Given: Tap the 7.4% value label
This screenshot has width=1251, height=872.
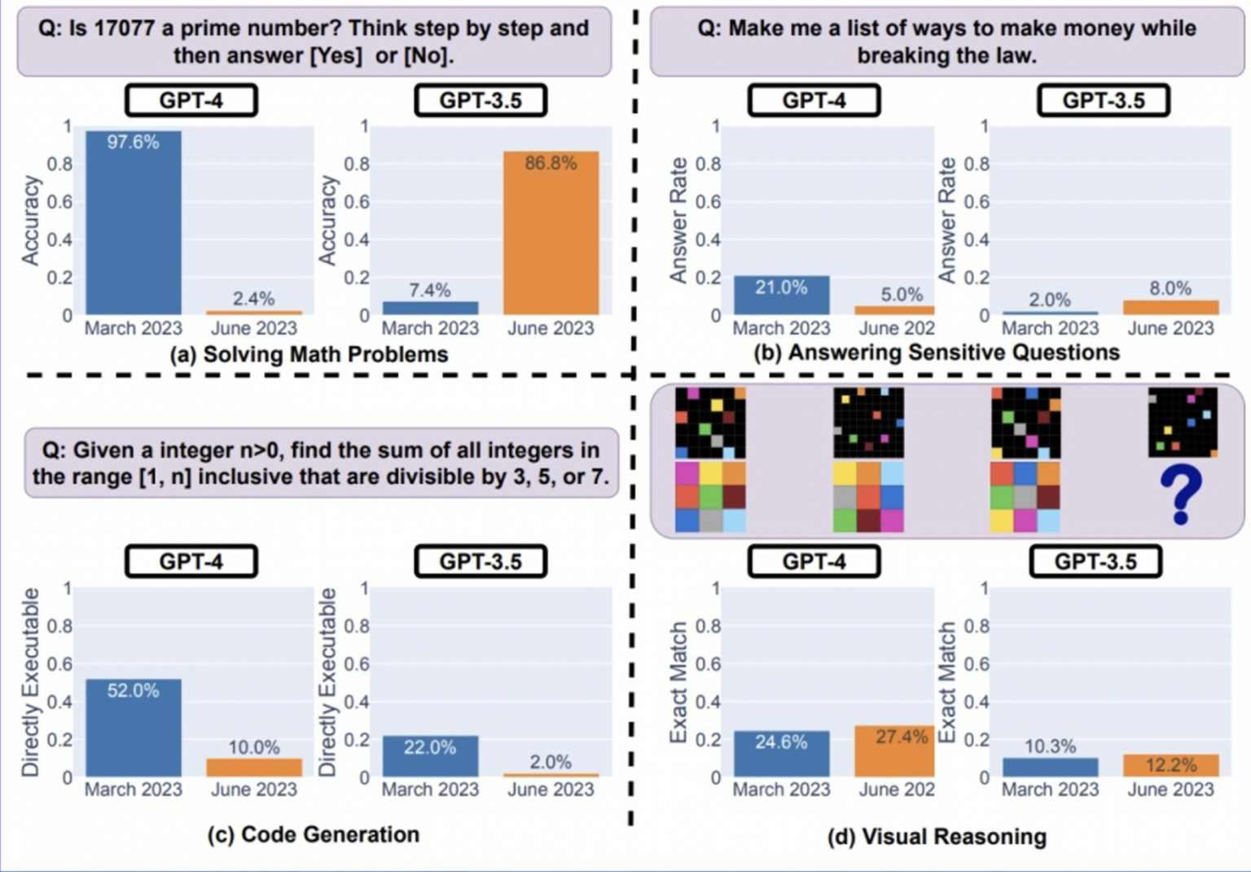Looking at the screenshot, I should click(430, 290).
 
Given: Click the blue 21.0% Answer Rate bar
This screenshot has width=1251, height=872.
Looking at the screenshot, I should click(781, 295).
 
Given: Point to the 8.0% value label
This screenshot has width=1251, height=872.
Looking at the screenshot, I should click(1170, 288).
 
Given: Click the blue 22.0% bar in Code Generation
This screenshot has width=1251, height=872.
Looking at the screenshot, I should click(430, 756).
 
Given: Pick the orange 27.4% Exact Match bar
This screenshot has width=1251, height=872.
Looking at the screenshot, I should click(894, 751).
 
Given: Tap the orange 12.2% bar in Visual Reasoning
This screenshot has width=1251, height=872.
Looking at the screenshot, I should click(1170, 765).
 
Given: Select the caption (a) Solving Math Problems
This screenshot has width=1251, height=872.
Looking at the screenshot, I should click(309, 354).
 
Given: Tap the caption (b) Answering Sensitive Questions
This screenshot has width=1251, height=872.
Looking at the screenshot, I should click(937, 353).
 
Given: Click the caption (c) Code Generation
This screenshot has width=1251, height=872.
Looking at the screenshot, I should click(314, 835).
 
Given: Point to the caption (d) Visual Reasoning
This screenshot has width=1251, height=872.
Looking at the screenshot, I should click(937, 836).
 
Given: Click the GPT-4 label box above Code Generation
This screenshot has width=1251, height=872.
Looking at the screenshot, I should click(191, 562).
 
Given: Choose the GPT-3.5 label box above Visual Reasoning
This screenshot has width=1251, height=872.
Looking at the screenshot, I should click(1095, 562).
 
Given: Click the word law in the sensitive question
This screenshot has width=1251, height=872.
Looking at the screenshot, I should click(1016, 55).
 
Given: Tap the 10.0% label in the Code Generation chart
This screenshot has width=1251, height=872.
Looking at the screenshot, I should click(253, 747).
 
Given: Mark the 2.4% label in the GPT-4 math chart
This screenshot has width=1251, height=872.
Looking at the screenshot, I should click(253, 298).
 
